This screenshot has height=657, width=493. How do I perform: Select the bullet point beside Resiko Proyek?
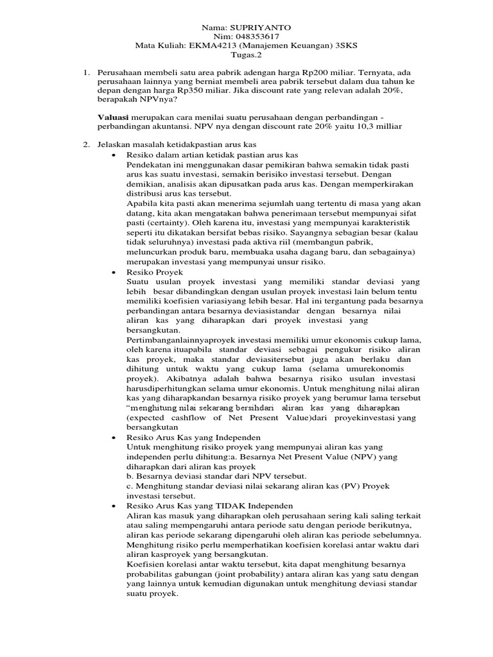pos(113,272)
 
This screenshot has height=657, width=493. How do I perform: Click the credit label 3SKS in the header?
pos(346,46)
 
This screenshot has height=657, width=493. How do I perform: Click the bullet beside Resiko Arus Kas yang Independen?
pos(113,437)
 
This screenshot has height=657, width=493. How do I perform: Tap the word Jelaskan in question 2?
pos(116,146)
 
